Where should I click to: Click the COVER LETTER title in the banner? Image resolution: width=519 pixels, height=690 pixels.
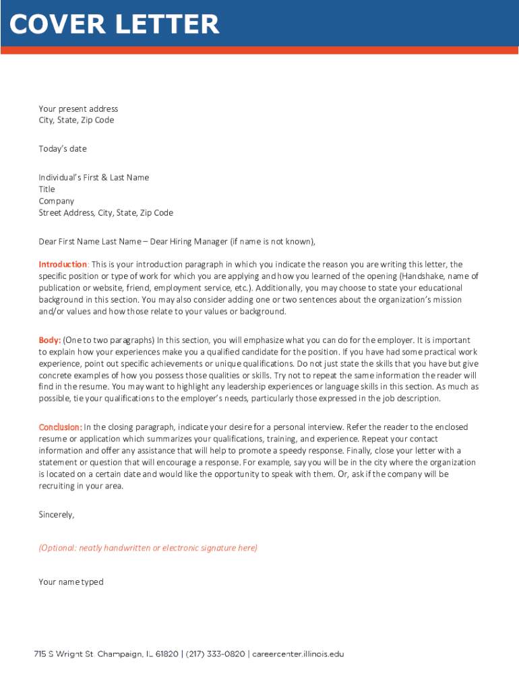pos(115,25)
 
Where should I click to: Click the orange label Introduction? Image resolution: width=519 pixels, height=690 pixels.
pos(63,264)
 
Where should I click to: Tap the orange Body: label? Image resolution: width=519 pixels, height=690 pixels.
pos(50,340)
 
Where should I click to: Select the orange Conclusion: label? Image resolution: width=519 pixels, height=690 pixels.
pos(61,427)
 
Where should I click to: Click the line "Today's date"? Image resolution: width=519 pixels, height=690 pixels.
pos(63,149)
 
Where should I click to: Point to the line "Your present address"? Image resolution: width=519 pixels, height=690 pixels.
pos(78,109)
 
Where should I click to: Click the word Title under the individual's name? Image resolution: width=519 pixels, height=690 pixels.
pos(47,189)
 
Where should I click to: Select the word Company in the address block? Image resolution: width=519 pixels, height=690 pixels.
pos(57,201)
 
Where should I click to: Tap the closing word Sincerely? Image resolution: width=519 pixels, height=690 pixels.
pos(56,515)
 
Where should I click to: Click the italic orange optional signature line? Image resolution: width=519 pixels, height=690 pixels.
pos(148,548)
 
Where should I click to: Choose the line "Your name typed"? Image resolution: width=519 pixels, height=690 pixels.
pos(71,582)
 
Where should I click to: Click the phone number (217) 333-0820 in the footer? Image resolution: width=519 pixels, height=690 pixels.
pos(216,654)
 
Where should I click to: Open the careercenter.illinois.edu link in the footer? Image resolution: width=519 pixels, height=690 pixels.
pos(298,654)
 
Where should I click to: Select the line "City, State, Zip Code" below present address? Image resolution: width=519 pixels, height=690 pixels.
pos(76,121)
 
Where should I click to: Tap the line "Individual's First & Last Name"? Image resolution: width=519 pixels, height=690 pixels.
pos(94,178)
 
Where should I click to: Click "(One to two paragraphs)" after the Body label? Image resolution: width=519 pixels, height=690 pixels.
pos(109,340)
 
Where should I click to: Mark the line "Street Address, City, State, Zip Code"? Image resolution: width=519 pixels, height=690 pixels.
pos(106,213)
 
